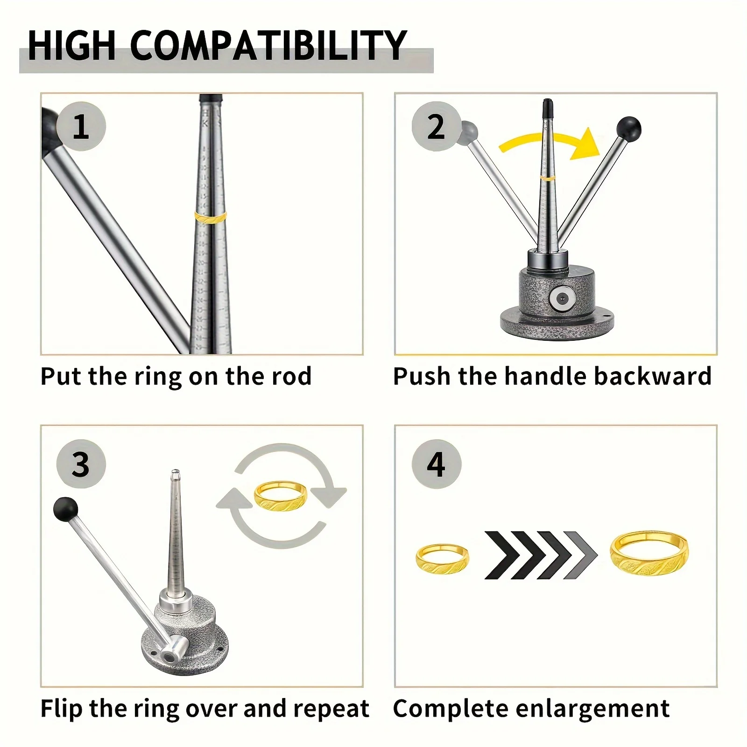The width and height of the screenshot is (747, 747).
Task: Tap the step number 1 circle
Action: click(81, 126)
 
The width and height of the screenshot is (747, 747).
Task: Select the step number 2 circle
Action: click(436, 126)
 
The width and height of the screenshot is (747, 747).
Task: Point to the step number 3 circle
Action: click(81, 464)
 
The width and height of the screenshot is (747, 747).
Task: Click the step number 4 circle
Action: click(436, 464)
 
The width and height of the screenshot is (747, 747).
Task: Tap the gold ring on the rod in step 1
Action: click(211, 218)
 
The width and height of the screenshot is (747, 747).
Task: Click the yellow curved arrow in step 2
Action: click(551, 142)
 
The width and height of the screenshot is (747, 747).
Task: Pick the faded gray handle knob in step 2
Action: click(468, 132)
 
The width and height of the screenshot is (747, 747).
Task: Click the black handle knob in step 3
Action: click(65, 509)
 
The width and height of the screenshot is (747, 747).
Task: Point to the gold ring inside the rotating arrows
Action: click(281, 496)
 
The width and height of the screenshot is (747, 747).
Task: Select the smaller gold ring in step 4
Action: click(442, 559)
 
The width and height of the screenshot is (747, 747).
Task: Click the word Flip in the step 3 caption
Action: click(61, 709)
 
